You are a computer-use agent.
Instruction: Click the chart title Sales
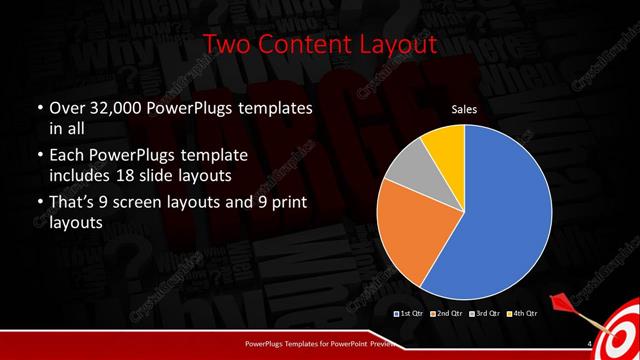click(463, 108)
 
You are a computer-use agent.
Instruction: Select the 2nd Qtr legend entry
click(447, 314)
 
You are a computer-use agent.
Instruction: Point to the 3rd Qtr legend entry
click(483, 314)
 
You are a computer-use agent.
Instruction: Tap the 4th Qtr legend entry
click(520, 314)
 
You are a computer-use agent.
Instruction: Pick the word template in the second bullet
click(238, 155)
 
